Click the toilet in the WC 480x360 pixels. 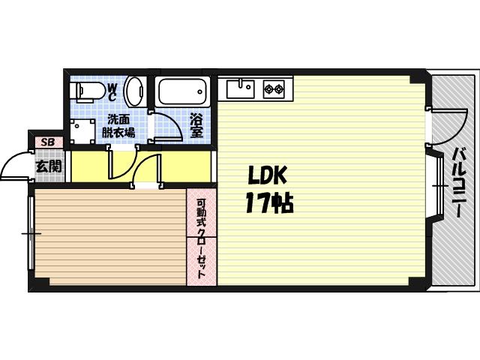[x=87, y=91]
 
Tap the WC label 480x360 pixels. [x=112, y=92]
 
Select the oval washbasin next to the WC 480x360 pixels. [x=133, y=91]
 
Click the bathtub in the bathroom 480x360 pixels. [x=182, y=91]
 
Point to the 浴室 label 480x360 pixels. [x=196, y=125]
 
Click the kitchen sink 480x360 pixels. [x=240, y=88]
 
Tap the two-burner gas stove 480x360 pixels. [x=274, y=89]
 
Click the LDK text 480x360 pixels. [x=267, y=175]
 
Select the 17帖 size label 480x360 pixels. [x=270, y=202]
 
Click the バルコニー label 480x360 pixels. [x=458, y=182]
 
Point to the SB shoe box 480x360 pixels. [x=48, y=142]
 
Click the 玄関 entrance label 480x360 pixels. [x=49, y=166]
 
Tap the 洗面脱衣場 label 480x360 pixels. [x=118, y=126]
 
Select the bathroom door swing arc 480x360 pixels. [x=172, y=122]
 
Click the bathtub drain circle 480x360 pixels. [x=200, y=91]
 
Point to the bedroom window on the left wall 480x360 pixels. [x=31, y=233]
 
